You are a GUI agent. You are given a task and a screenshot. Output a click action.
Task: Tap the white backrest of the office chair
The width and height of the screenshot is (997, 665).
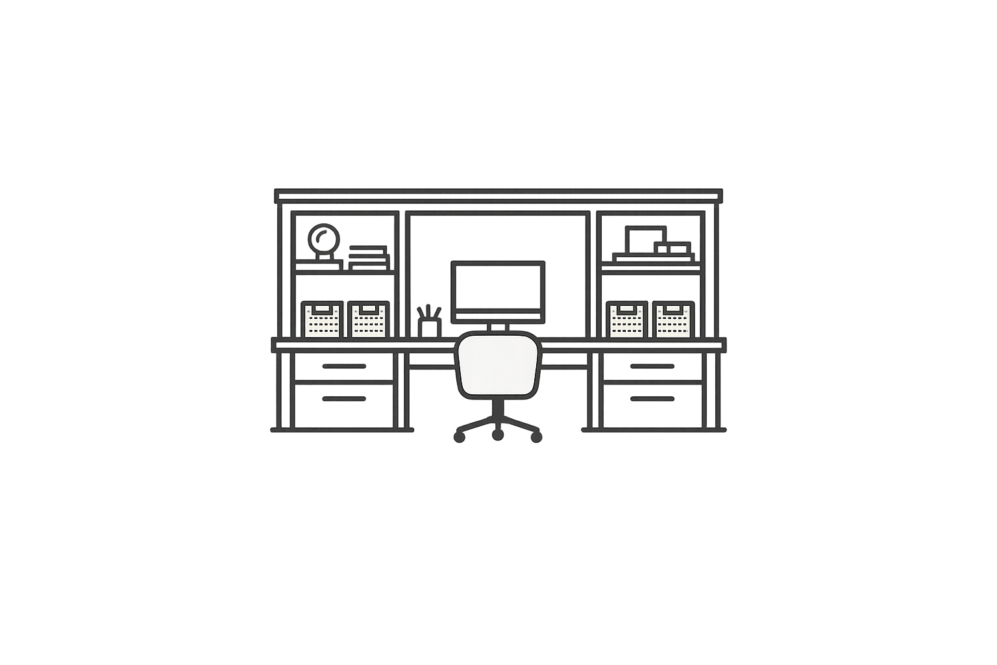coord(498,364)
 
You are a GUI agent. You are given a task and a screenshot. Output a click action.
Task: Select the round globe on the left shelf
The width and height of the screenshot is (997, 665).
coord(323,238)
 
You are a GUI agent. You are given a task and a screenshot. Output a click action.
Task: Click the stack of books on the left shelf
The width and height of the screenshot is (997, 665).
coord(369,257)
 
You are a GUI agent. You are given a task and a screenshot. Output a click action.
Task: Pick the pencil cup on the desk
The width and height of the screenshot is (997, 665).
coord(430,325)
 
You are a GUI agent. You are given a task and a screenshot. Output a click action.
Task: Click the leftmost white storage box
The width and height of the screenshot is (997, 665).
coord(323,320)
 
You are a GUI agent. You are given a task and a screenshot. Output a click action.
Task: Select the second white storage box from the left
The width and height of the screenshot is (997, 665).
coord(369,320)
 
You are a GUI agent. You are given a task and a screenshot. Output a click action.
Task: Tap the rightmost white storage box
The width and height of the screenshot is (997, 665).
coord(673,320)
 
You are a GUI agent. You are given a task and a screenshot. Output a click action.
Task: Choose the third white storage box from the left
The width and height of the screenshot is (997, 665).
coord(628,320)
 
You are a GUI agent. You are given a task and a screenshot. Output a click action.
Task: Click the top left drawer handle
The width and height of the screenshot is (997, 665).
coord(344,366)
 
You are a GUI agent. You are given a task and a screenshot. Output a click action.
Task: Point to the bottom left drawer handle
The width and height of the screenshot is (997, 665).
coord(344,398)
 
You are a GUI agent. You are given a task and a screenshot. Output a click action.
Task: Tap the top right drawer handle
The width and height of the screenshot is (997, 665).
coord(652,366)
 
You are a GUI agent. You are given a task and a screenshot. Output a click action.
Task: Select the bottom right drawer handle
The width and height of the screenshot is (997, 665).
coord(652,398)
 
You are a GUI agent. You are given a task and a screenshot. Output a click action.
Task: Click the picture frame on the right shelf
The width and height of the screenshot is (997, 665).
coord(645,239)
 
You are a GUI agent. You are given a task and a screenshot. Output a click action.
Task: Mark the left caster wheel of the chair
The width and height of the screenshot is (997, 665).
coord(460,436)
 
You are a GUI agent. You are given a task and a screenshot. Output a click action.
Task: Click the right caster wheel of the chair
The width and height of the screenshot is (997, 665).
coord(536,436)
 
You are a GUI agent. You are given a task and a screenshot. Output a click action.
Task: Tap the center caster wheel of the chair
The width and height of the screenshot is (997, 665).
coord(498,434)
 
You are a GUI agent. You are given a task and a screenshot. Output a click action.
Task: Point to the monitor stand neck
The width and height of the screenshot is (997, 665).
coord(498,326)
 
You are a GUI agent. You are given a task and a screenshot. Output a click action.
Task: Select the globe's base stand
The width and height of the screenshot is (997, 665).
coord(323,259)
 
